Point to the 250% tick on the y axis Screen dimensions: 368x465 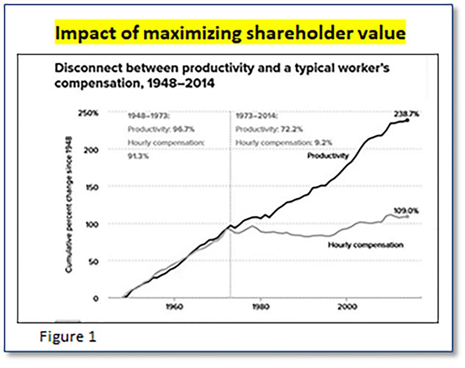pyautogui.click(x=89, y=113)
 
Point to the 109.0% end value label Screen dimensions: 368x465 pyautogui.click(x=406, y=211)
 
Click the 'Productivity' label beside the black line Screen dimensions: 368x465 pyautogui.click(x=327, y=155)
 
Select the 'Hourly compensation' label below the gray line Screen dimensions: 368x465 pyautogui.click(x=365, y=245)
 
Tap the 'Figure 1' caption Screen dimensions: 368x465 pyautogui.click(x=68, y=337)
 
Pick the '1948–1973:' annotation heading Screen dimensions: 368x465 pyautogui.click(x=147, y=117)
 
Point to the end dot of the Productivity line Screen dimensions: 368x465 pyautogui.click(x=407, y=120)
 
